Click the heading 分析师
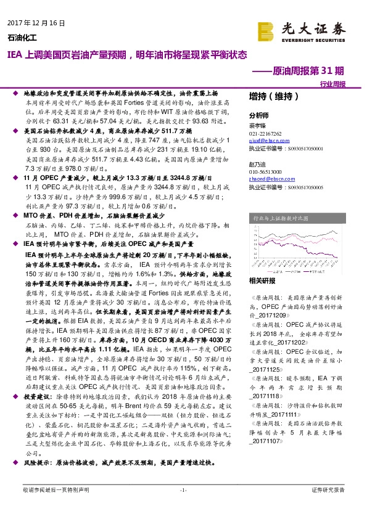(x=258, y=115)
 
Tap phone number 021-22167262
(x=265, y=133)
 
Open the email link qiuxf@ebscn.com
(x=268, y=140)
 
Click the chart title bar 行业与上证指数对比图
(x=281, y=218)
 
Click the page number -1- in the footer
(x=183, y=507)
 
